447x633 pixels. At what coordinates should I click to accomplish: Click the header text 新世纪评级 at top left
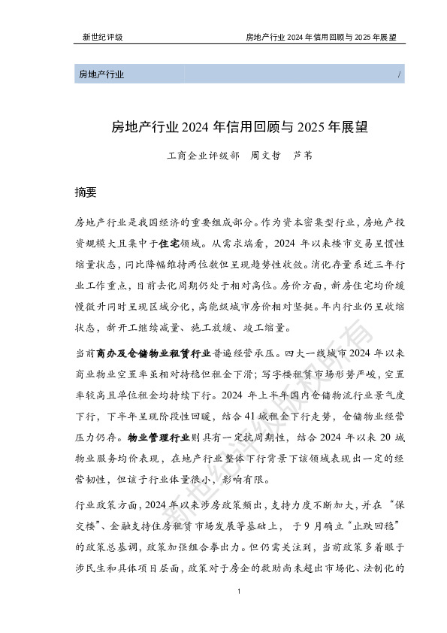(102, 36)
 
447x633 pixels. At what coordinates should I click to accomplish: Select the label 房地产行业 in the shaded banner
(101, 74)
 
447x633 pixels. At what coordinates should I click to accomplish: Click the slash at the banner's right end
(397, 74)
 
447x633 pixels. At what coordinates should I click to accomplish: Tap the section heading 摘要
(86, 192)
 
